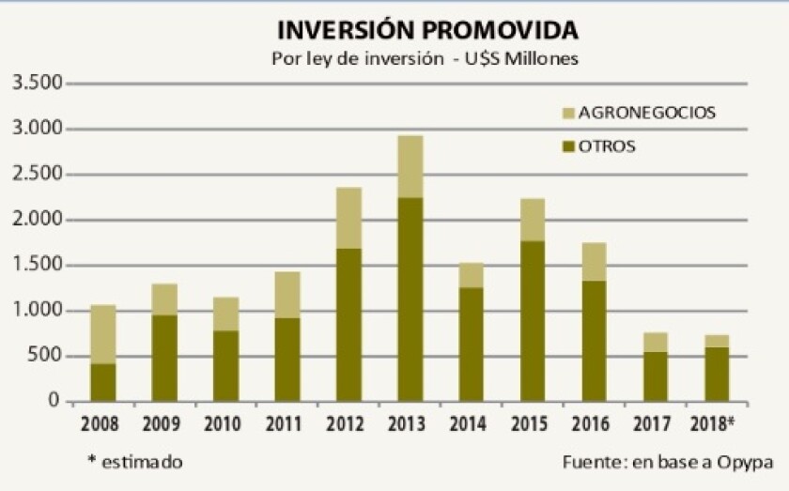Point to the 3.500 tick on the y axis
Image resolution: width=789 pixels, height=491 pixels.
click(37, 84)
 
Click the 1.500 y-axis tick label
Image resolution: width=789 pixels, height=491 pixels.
click(37, 266)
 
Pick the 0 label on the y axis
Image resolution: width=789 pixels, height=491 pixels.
click(54, 402)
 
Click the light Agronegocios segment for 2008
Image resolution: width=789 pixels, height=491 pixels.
click(102, 334)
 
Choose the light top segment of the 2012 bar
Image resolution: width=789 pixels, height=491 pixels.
click(348, 218)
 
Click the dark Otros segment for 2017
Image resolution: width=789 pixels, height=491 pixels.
click(656, 376)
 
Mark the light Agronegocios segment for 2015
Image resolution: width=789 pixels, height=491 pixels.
click(533, 220)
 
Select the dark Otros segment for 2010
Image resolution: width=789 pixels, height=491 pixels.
click(225, 366)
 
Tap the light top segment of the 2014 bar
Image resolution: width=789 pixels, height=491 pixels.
click(472, 275)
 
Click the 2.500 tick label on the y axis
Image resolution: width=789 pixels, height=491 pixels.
click(37, 175)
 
